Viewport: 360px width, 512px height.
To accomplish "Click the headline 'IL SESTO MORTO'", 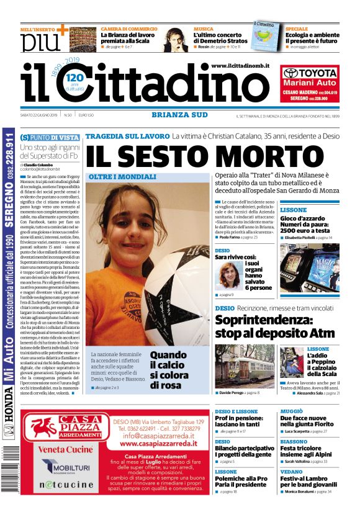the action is (211, 156).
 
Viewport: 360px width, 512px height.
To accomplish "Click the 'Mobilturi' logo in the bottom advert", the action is (61, 465).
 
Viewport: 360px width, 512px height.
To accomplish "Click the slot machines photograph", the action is (309, 267).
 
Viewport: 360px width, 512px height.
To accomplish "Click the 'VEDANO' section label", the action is (290, 472).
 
